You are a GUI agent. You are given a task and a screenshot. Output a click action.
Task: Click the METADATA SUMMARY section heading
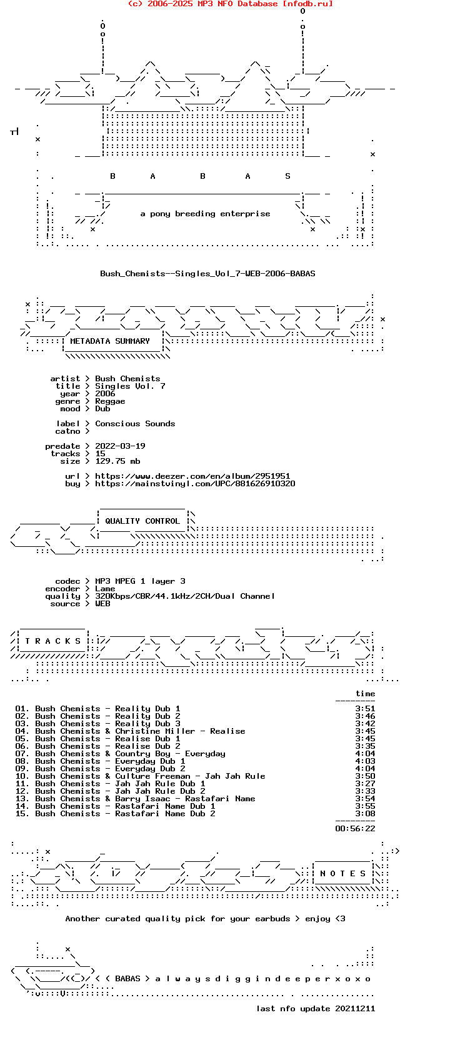[110, 341]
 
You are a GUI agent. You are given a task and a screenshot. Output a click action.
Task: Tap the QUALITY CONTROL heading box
[142, 521]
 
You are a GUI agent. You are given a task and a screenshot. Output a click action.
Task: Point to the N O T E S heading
[342, 874]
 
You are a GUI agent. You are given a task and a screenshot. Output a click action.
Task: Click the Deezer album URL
[192, 476]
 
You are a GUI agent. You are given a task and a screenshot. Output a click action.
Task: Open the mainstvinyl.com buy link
[195, 484]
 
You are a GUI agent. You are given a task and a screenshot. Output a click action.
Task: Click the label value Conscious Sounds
[135, 424]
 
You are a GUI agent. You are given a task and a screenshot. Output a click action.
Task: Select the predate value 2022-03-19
[120, 446]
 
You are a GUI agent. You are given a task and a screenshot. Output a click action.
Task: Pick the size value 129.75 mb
[117, 461]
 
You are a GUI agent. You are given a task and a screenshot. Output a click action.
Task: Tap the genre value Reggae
[110, 401]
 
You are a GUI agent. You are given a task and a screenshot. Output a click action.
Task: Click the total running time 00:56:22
[355, 829]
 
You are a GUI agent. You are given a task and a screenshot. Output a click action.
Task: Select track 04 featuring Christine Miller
[131, 731]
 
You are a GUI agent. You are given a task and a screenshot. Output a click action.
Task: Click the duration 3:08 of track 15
[365, 814]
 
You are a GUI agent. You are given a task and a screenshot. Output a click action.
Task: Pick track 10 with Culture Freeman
[140, 776]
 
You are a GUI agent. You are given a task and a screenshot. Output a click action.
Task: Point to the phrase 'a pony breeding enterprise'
[206, 214]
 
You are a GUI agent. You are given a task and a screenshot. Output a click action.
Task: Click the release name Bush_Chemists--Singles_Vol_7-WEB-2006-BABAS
[207, 274]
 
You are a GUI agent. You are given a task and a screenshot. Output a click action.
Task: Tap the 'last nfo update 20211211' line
[316, 1009]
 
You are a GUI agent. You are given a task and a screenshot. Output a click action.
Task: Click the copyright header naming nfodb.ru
[230, 4]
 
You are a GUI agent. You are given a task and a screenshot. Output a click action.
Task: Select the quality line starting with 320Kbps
[185, 596]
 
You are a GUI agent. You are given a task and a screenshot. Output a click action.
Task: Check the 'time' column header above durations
[365, 694]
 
